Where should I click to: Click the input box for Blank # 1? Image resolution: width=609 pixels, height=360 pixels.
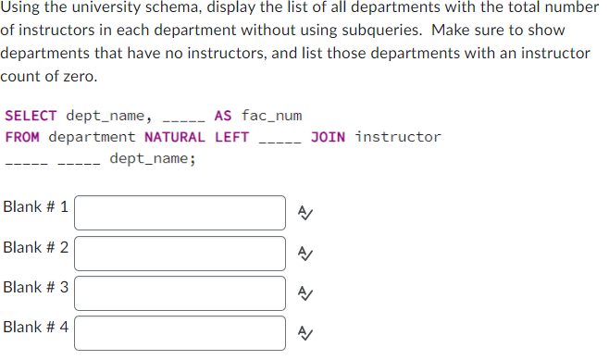point(180,212)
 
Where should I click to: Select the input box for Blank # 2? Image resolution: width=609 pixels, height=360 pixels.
point(180,253)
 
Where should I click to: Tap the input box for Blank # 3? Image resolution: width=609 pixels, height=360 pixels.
point(180,292)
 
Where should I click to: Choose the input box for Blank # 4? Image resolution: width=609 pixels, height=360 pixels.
point(180,333)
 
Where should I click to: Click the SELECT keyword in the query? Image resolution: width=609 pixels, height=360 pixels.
point(31,116)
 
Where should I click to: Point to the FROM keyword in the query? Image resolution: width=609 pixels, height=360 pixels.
point(22,137)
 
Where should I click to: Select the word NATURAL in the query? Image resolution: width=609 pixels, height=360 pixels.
point(175,137)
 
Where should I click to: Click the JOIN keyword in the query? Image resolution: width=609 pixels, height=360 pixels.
point(329,137)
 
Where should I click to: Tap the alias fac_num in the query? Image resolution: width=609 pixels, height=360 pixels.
point(271,116)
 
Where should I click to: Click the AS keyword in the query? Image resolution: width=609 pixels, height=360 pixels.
point(222,116)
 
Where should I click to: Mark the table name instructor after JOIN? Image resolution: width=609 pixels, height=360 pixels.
point(398,137)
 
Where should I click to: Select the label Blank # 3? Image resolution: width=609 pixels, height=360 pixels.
point(36,287)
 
